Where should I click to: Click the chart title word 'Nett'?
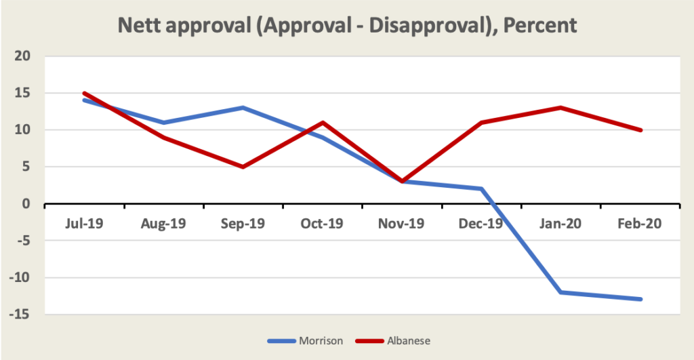coord(139,26)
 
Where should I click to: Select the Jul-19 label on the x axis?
coord(83,223)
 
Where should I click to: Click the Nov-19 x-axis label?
coord(403,223)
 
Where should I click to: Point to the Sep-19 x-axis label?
coord(243,223)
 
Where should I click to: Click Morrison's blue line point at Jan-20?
coord(562,292)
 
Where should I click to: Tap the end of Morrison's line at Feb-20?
coord(641,300)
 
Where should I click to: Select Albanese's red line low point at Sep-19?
coord(243,167)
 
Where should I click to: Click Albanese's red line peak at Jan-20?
coord(562,107)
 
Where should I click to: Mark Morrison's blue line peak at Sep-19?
coord(243,107)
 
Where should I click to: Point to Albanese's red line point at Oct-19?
coord(323,122)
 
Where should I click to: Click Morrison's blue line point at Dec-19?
coord(482,188)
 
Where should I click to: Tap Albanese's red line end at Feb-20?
coord(641,129)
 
